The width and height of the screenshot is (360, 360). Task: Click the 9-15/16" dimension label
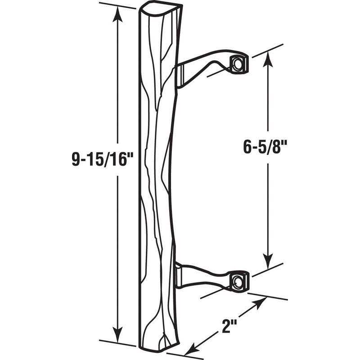[x=102, y=160]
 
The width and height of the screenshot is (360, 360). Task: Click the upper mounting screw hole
[x=237, y=63]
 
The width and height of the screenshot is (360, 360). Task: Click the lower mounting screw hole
[x=237, y=280]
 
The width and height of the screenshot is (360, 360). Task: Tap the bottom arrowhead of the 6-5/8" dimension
[x=268, y=261]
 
